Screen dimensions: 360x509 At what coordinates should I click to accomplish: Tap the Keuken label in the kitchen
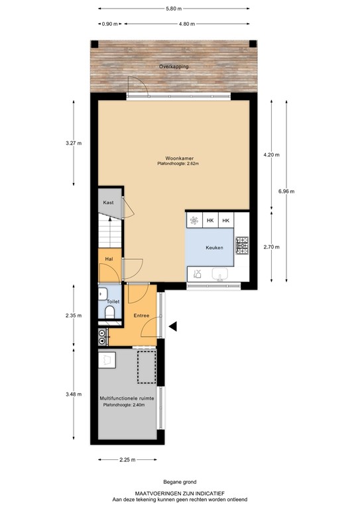pos(214,247)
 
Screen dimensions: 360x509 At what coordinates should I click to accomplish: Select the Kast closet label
pos(108,203)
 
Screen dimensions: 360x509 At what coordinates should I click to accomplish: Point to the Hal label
pos(109,259)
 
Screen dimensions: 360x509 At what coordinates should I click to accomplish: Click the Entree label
pos(141,315)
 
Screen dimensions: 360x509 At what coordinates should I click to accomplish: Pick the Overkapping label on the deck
pos(174,66)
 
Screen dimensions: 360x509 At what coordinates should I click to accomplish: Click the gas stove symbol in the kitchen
pos(242,245)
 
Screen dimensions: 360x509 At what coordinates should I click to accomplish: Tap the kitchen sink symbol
pos(220,274)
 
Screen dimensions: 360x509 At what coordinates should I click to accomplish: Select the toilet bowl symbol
pos(109,313)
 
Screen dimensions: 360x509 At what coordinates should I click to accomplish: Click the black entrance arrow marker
pos(172,326)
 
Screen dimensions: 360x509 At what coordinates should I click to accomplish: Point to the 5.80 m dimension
pos(174,9)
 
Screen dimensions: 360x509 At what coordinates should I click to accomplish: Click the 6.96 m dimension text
pos(286,191)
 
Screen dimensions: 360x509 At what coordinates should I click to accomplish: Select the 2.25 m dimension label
pos(127,459)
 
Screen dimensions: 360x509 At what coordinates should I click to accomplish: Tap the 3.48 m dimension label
pos(74,394)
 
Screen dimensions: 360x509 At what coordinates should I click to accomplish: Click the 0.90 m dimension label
pos(109,24)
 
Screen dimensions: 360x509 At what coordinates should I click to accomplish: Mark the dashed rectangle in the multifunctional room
pos(147,367)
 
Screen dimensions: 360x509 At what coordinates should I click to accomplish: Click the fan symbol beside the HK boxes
pos(194,221)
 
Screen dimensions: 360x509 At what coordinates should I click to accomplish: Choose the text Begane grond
pos(180,482)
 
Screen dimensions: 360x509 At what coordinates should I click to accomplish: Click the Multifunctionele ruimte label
pos(127,398)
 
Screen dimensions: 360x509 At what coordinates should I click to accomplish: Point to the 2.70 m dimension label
pos(271,247)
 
